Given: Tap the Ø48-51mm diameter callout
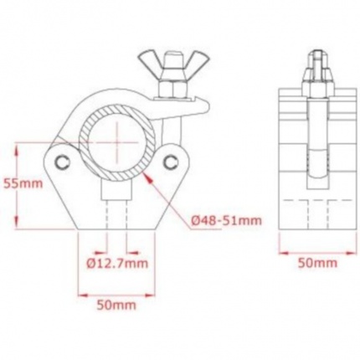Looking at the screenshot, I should [x=225, y=219].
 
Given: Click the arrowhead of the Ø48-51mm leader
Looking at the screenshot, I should [x=148, y=176].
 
